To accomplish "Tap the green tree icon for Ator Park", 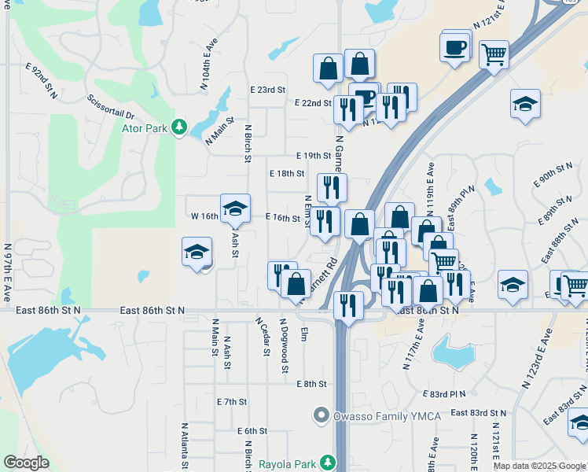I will pyautogui.click(x=179, y=127).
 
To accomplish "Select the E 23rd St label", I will pyautogui.click(x=266, y=90).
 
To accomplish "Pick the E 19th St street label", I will pyautogui.click(x=313, y=157).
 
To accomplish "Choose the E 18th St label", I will pyautogui.click(x=285, y=174).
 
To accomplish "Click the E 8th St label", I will pyautogui.click(x=311, y=384).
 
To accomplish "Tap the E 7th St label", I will pyautogui.click(x=232, y=401).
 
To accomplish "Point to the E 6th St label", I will pyautogui.click(x=252, y=431).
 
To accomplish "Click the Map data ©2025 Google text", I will pyautogui.click(x=539, y=466).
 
